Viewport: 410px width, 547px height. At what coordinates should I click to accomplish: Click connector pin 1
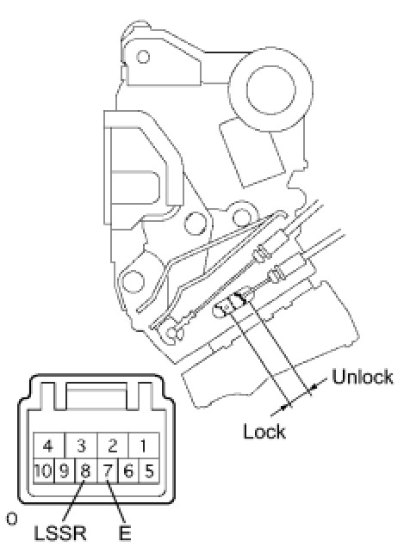[x=144, y=446]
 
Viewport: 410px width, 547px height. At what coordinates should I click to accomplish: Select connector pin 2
[x=113, y=446]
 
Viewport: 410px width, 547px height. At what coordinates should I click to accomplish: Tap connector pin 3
[x=81, y=446]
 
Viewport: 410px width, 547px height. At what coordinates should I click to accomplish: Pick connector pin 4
[x=49, y=446]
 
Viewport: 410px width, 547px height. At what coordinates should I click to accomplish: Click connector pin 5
[x=149, y=471]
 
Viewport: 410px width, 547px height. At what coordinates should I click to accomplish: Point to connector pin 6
[x=128, y=471]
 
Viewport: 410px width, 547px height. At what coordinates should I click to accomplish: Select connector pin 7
[x=108, y=471]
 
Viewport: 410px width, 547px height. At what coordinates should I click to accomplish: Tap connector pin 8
[x=86, y=471]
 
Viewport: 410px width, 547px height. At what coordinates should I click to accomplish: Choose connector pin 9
[x=65, y=471]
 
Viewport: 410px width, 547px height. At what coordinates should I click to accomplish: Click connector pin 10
[x=44, y=471]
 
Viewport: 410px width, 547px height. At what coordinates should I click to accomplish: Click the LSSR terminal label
[x=60, y=532]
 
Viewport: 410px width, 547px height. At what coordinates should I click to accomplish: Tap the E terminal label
[x=124, y=532]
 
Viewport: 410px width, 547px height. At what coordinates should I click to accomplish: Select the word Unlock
[x=362, y=377]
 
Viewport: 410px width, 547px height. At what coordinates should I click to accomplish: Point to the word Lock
[x=264, y=431]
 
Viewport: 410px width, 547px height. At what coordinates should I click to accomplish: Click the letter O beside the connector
[x=11, y=519]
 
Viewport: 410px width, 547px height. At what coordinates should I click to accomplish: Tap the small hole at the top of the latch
[x=143, y=57]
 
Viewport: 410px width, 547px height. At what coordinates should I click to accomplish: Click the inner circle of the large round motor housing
[x=270, y=89]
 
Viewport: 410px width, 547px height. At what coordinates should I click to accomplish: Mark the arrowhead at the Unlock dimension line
[x=314, y=386]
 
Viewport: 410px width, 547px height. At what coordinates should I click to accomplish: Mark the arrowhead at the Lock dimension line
[x=287, y=405]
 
